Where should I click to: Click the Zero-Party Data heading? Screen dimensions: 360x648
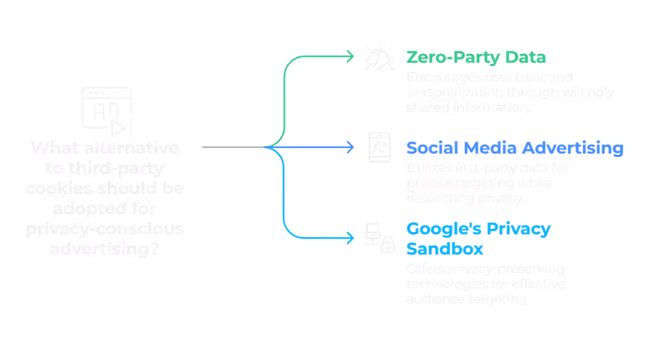(x=475, y=58)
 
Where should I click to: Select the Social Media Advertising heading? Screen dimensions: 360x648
(x=514, y=148)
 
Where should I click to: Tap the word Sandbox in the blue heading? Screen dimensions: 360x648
(x=445, y=247)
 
